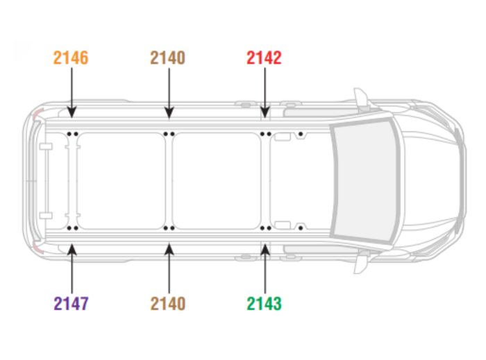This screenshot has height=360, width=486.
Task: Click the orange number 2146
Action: [x=71, y=58]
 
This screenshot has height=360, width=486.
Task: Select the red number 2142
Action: [x=264, y=58]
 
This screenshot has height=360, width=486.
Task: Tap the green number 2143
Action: [x=264, y=303]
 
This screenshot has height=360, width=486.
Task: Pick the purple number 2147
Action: [x=71, y=303]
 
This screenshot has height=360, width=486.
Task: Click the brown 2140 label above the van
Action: [x=168, y=58]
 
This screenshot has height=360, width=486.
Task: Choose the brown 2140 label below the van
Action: [x=168, y=303]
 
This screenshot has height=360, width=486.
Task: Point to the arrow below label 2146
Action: [x=72, y=93]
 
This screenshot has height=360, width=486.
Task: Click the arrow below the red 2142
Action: [x=265, y=93]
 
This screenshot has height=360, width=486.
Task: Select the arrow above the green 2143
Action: [x=265, y=268]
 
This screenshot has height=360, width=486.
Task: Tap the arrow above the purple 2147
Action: [x=72, y=268]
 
